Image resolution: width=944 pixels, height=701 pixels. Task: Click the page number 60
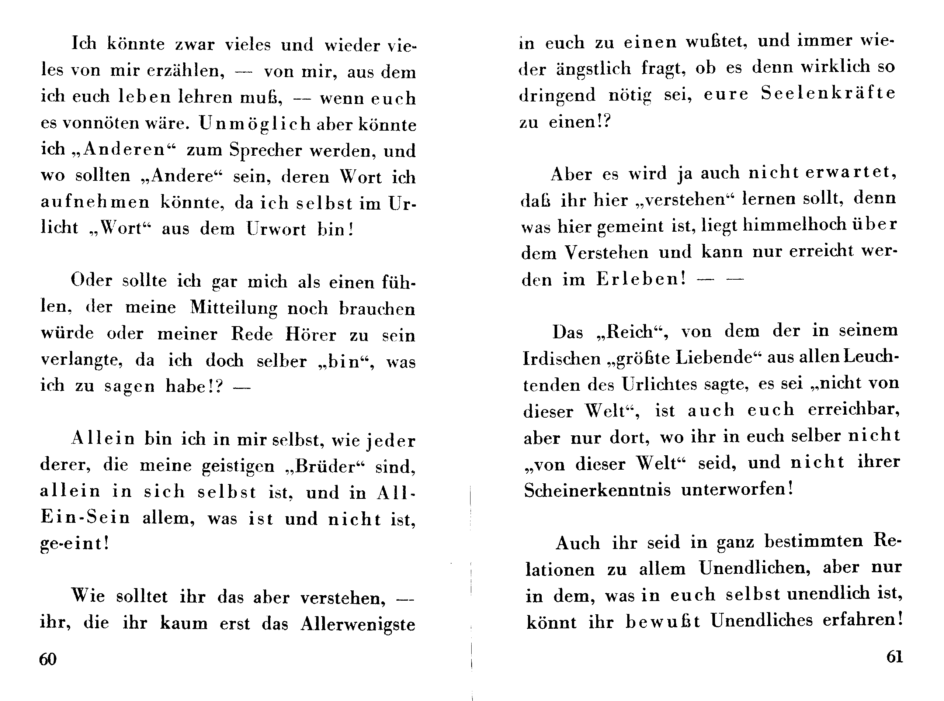click(x=48, y=659)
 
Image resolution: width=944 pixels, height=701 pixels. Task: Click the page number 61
click(x=894, y=657)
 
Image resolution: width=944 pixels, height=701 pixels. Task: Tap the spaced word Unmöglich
click(x=255, y=124)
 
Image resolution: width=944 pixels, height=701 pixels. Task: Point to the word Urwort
click(x=276, y=229)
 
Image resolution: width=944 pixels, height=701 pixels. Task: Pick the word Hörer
click(x=310, y=335)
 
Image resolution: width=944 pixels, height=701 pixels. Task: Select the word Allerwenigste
click(x=357, y=624)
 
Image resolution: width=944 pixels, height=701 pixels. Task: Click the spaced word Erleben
click(x=641, y=279)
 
